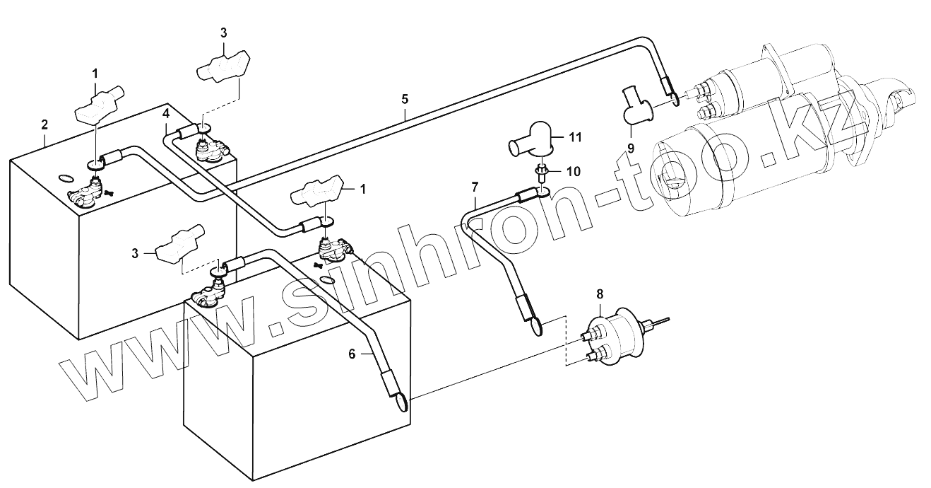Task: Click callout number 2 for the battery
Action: point(45,124)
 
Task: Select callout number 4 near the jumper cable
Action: point(165,113)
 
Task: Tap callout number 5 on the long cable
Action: point(405,98)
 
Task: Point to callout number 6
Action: point(351,355)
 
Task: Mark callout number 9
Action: point(631,148)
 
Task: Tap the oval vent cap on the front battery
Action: point(326,280)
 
